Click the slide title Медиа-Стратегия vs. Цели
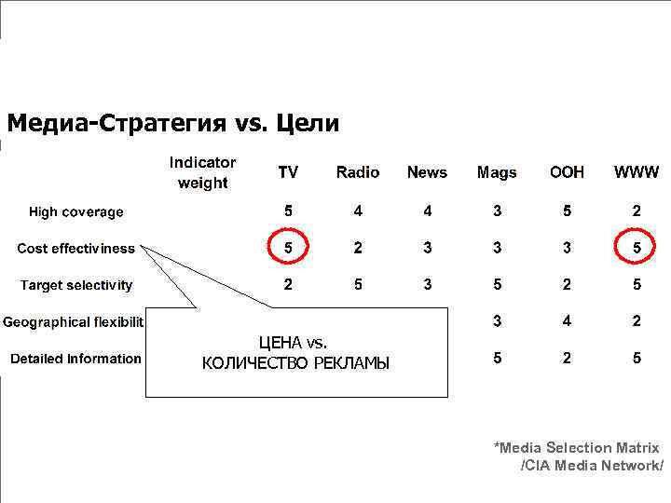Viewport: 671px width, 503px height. (173, 123)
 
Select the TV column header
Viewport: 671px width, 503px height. (288, 172)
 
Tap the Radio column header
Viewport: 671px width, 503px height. (358, 172)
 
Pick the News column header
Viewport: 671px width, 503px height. (427, 172)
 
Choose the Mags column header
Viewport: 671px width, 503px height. (497, 172)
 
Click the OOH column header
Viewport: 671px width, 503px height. (567, 172)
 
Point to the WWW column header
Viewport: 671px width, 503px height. (637, 172)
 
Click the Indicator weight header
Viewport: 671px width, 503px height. (202, 172)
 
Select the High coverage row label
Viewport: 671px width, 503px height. (76, 212)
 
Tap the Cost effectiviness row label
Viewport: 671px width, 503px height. (76, 249)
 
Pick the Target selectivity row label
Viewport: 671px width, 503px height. (76, 285)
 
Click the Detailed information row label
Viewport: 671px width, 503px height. (76, 359)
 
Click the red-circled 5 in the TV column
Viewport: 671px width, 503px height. (288, 249)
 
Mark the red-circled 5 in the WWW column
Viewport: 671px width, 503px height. (637, 249)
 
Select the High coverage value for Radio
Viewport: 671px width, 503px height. (358, 211)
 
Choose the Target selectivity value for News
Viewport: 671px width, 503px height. (427, 285)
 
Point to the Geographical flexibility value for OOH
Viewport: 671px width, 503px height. (567, 321)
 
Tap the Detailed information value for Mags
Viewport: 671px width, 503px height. (497, 358)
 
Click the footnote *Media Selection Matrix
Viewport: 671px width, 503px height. (576, 448)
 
